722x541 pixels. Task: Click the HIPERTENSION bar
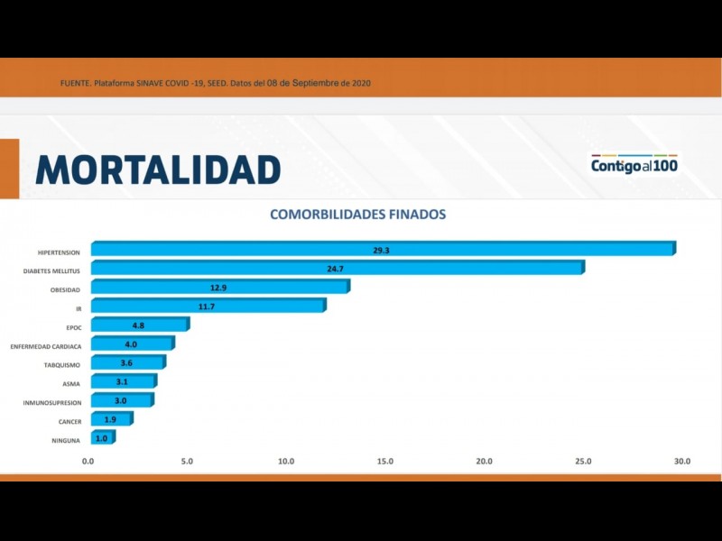[x=382, y=249]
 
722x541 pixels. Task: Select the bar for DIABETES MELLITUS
[x=337, y=269]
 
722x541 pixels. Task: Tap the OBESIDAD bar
[x=219, y=288]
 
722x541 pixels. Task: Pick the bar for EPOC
[x=140, y=326]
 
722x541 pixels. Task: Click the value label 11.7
[x=207, y=307]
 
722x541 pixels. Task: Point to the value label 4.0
[x=131, y=344]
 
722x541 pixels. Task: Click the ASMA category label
[x=71, y=384]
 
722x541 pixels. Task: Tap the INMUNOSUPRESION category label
[x=52, y=402]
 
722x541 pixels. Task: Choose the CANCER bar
[x=111, y=420]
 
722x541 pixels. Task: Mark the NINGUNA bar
[x=102, y=439]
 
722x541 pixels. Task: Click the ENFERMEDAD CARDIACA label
[x=46, y=346]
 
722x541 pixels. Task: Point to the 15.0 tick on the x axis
[x=385, y=462]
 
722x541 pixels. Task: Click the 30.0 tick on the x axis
[x=682, y=462]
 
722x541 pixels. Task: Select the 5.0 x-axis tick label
[x=187, y=462]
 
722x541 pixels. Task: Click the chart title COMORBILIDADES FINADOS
[x=358, y=215]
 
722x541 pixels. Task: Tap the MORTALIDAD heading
[x=158, y=170]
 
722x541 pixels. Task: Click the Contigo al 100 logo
[x=634, y=164]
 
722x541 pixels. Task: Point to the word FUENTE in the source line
[x=75, y=84]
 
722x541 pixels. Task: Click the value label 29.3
[x=380, y=250]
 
